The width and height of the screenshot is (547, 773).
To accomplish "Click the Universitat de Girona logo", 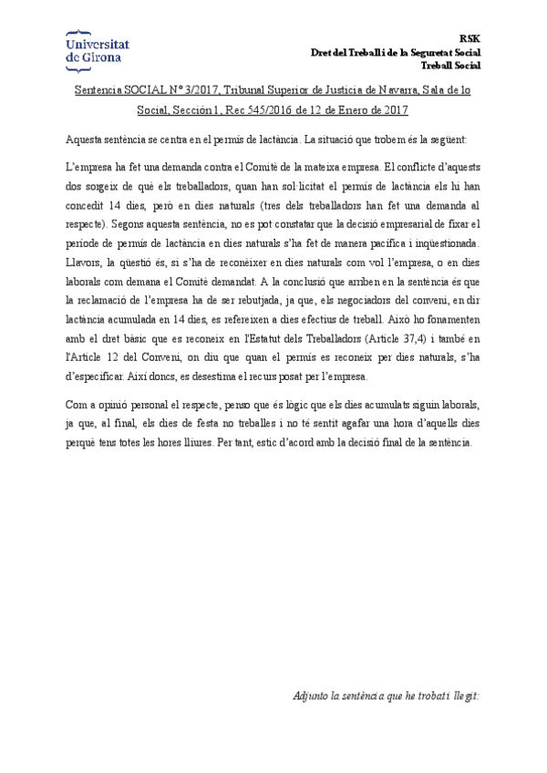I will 98,50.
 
